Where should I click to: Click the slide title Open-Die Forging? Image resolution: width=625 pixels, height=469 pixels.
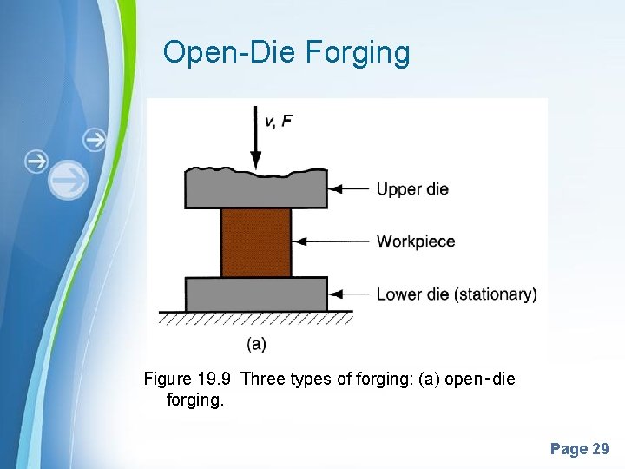click(286, 53)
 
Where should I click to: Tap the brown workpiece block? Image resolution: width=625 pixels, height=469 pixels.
click(255, 241)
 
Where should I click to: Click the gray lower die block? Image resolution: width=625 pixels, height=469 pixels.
click(255, 294)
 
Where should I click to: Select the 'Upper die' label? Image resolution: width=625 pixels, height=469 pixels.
click(411, 188)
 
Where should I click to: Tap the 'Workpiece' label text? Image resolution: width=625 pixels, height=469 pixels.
click(415, 241)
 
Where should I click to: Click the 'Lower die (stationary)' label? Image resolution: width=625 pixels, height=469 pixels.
click(456, 294)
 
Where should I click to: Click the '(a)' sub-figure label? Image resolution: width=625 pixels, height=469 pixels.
click(256, 344)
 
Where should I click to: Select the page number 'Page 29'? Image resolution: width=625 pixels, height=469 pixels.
click(579, 449)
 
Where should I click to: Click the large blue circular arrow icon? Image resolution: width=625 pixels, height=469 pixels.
click(69, 180)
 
